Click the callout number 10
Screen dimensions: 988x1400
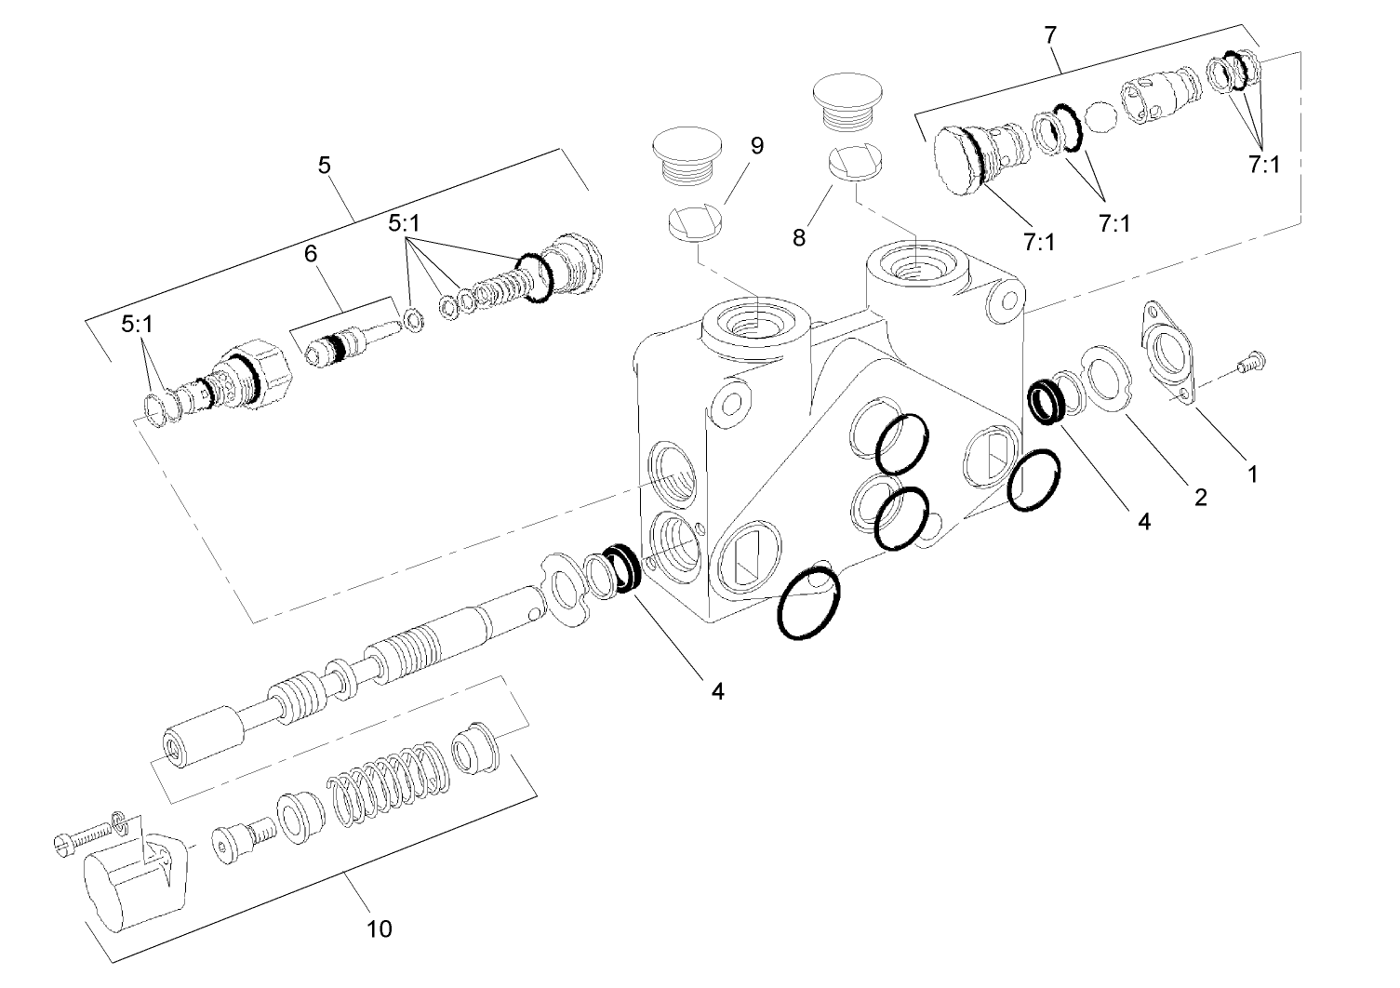[x=380, y=928]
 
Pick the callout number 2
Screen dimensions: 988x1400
[x=1200, y=497]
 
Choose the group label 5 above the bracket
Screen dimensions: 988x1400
[x=324, y=166]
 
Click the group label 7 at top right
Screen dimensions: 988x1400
[x=1050, y=35]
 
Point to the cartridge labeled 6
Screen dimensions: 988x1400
[x=349, y=345]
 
